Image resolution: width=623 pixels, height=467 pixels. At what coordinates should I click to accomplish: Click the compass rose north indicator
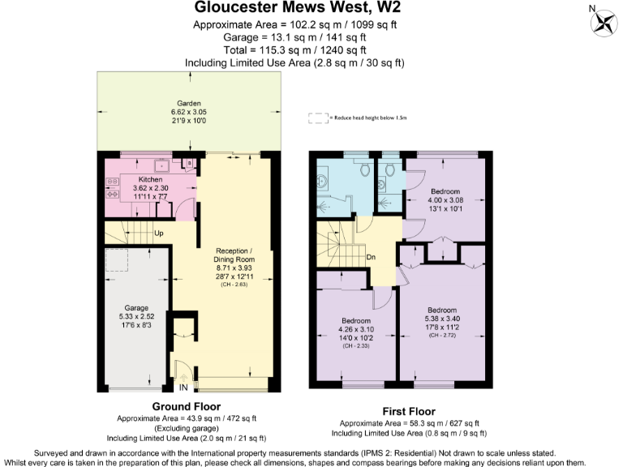click(x=600, y=22)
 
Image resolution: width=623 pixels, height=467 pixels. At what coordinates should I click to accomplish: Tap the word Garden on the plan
click(x=190, y=104)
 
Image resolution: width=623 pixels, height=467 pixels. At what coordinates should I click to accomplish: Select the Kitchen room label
click(x=151, y=179)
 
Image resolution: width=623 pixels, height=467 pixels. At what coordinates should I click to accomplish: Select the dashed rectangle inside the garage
click(x=119, y=259)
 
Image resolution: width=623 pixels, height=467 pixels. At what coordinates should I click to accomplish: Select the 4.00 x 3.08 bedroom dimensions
click(x=445, y=199)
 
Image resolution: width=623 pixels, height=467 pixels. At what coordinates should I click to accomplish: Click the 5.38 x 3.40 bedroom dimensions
click(x=442, y=319)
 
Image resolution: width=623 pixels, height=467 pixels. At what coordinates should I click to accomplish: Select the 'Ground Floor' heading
click(x=187, y=406)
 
